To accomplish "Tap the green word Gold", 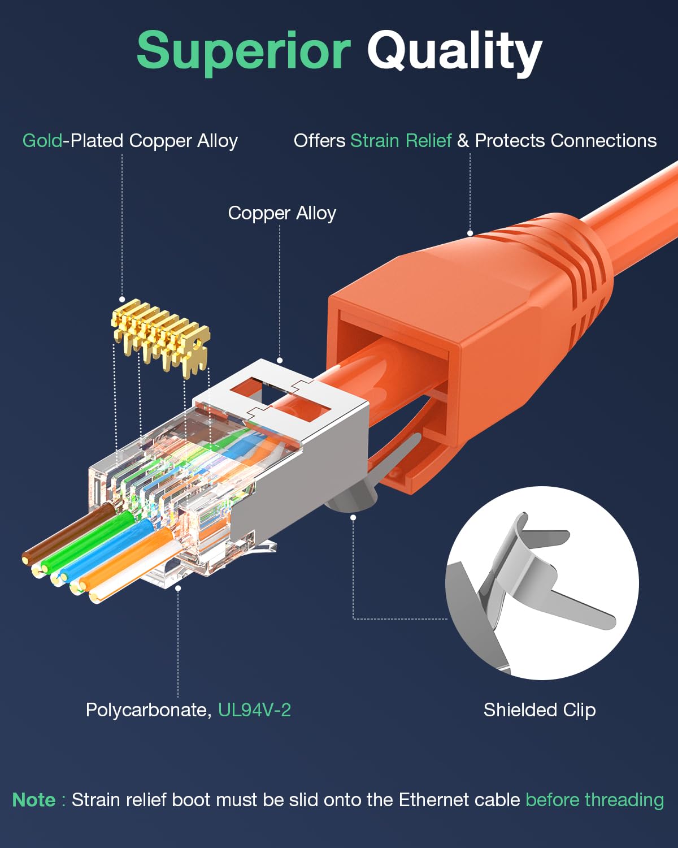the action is [42, 140].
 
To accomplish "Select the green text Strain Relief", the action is [401, 140].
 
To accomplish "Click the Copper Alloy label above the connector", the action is [282, 213].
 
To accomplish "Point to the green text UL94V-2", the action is [254, 709].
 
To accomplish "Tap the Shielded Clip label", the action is [540, 709].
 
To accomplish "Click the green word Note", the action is [34, 800].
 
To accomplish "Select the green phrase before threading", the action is [594, 800].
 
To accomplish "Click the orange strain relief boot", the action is [480, 317].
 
